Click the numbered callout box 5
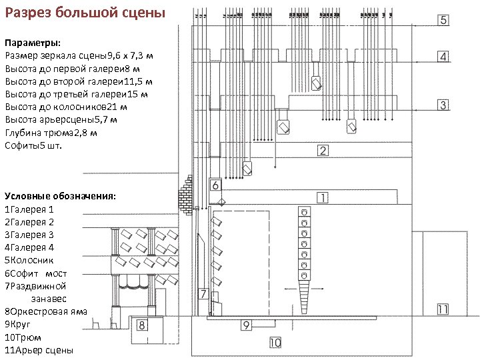(x=444, y=20)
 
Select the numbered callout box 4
(x=444, y=57)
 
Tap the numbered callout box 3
(x=444, y=105)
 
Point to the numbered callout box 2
(x=323, y=151)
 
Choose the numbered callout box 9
(x=246, y=325)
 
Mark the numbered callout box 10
(x=275, y=343)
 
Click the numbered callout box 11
(x=443, y=308)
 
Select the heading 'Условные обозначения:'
(x=60, y=196)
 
